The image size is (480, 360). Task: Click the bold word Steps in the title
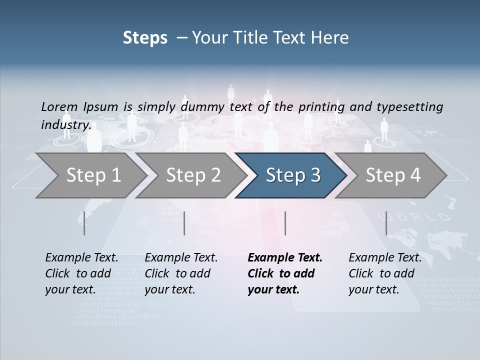point(145,38)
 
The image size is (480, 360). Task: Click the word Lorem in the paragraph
point(59,106)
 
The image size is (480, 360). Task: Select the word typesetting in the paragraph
point(409,106)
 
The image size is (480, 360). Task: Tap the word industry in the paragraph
point(65,124)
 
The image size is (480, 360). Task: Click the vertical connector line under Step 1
point(84,223)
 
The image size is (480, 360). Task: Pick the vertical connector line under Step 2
point(184,223)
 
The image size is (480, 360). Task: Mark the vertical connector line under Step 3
point(285,223)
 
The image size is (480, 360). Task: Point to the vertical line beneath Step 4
point(386,223)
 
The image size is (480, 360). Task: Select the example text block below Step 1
point(81,273)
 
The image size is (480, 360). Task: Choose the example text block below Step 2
point(181,273)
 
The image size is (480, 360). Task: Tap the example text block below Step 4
point(385,273)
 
